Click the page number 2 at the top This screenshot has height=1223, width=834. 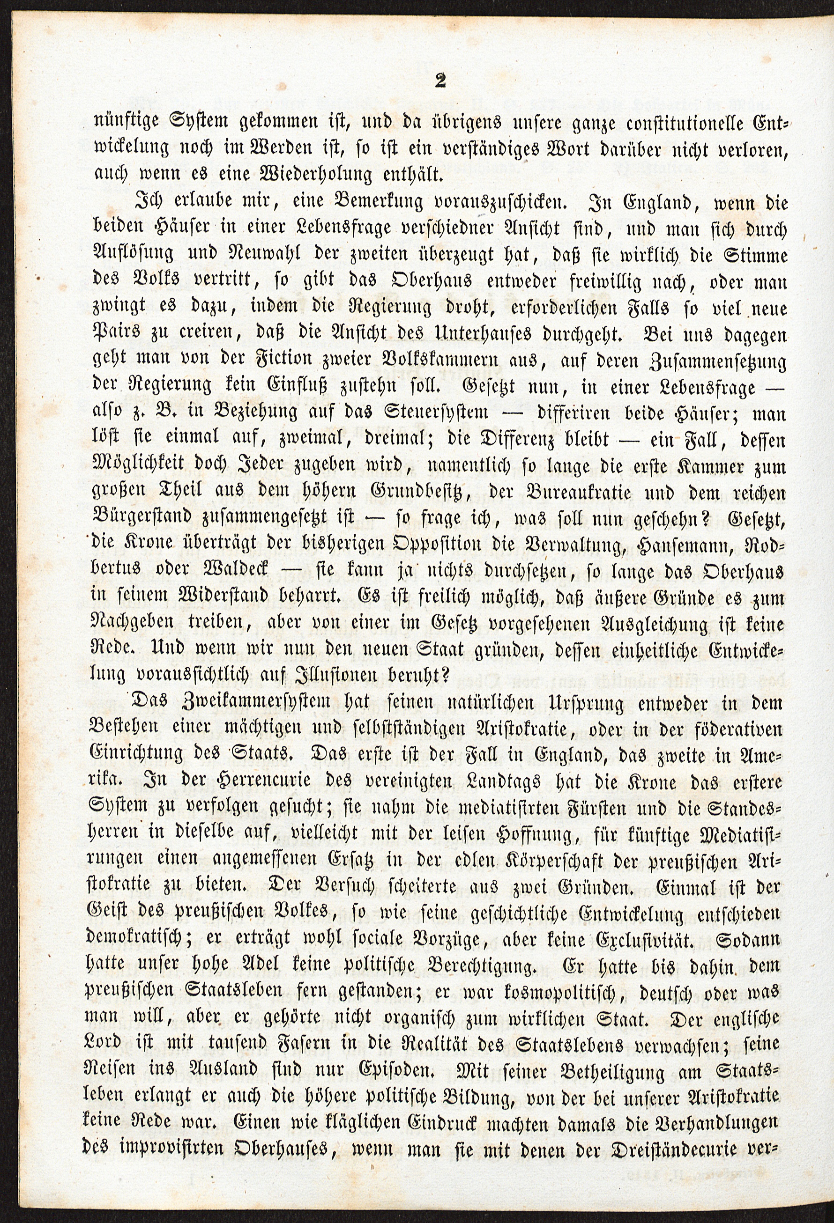tap(440, 81)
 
